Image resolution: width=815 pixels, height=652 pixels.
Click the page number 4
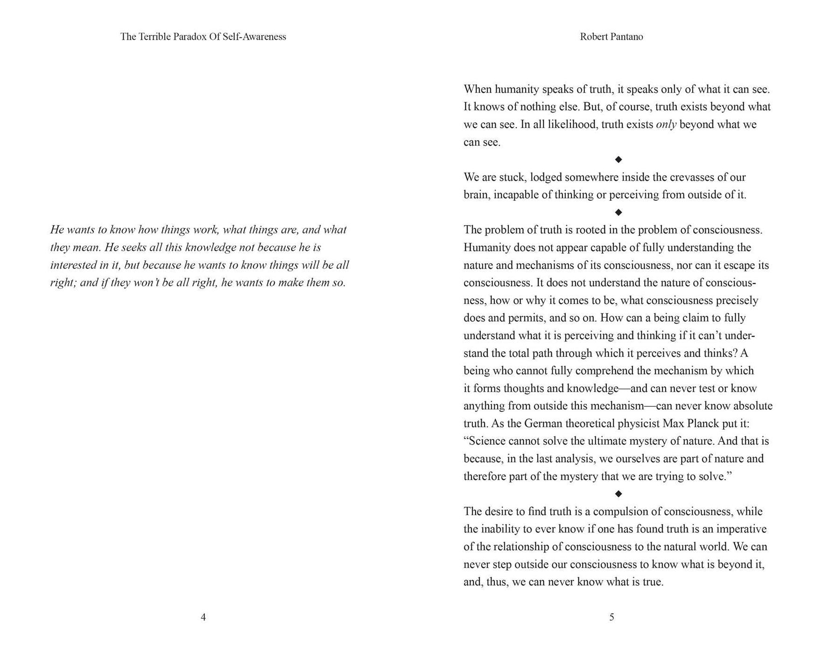[x=203, y=617]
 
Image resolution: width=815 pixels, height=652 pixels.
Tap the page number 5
[x=611, y=617]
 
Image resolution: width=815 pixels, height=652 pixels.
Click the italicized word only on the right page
[x=666, y=125]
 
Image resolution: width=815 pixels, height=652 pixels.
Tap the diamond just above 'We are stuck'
[x=618, y=160]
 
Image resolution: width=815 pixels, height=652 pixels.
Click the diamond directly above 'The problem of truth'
[x=618, y=213]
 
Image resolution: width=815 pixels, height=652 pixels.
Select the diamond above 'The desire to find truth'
[x=618, y=494]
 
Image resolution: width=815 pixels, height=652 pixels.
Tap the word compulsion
[x=621, y=511]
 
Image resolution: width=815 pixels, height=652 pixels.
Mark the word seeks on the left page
[x=133, y=248]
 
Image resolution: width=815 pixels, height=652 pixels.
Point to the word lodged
[x=546, y=177]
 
